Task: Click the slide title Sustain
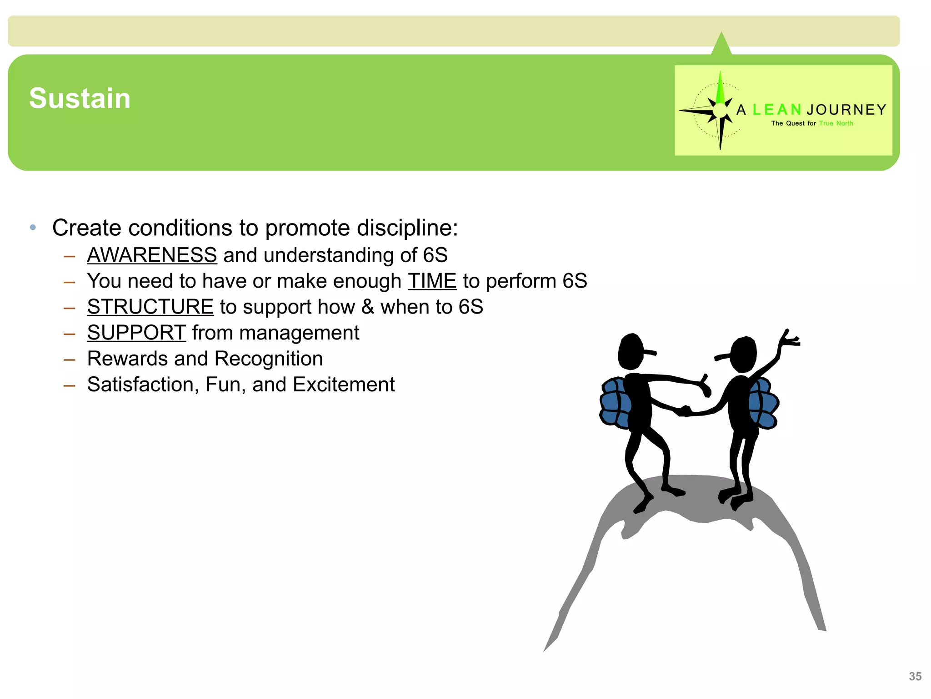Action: click(x=80, y=98)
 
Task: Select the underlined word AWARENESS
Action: click(x=152, y=255)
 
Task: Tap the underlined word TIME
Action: click(x=432, y=281)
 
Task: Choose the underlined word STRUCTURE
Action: click(x=150, y=307)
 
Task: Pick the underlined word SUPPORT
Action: click(x=136, y=333)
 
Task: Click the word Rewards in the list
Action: click(x=128, y=359)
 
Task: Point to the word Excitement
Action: click(x=344, y=385)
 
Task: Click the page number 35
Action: click(x=915, y=677)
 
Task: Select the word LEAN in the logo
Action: click(x=777, y=110)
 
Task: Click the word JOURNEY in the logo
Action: click(x=846, y=110)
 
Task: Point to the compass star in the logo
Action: click(x=720, y=110)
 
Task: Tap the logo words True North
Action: click(x=836, y=123)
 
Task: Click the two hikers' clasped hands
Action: click(x=685, y=411)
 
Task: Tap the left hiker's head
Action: click(x=631, y=351)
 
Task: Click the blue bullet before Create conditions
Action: click(x=33, y=227)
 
